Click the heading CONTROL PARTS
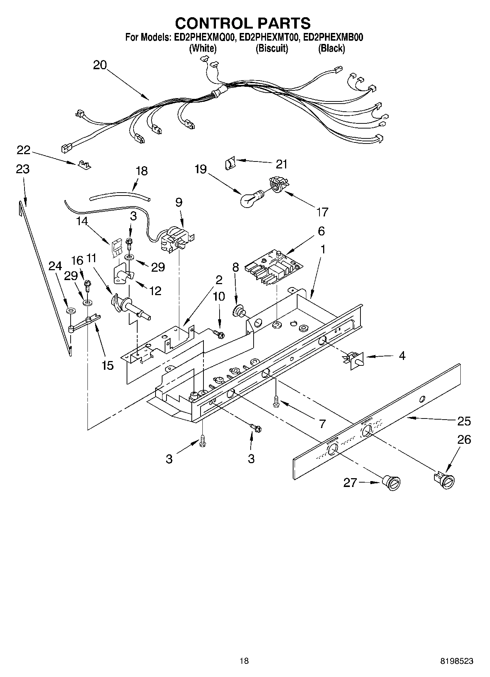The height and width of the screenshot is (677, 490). point(243,23)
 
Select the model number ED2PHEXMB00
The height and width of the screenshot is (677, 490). point(333,37)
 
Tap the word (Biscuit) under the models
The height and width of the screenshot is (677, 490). point(272,48)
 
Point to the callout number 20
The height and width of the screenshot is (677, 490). point(100,65)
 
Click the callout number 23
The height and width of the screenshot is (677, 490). point(23,169)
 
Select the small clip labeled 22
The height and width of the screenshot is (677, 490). point(84,164)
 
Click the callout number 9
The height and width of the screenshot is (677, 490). point(179,202)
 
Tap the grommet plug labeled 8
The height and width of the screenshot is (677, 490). point(240,310)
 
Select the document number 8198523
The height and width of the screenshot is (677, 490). point(457,661)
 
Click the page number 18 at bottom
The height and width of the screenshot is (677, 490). point(244,661)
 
